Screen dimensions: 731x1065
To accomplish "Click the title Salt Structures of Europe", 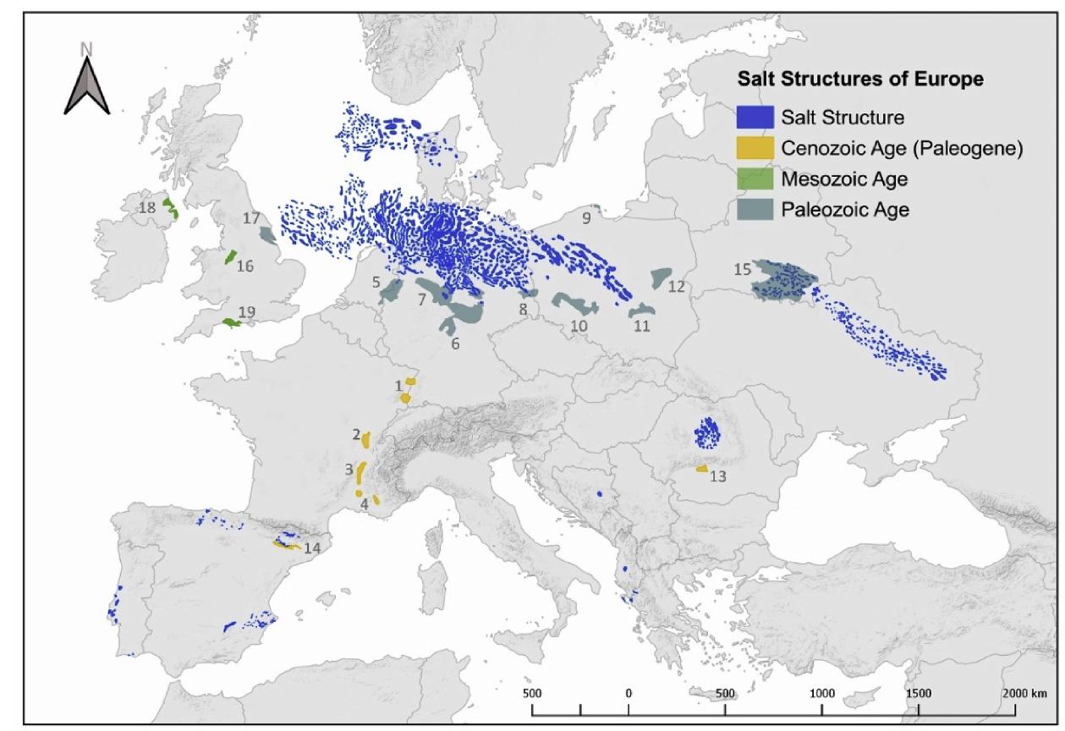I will coord(860,80).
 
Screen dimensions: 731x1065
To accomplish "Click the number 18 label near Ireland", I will coord(147,206).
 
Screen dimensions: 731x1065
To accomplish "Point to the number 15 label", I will coord(742,270).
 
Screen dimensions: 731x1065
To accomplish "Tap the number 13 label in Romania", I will coord(718,476).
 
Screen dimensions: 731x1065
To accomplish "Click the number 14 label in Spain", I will coord(311,548).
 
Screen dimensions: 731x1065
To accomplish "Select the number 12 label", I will coord(676,287).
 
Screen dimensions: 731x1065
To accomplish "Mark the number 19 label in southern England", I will coord(247,313).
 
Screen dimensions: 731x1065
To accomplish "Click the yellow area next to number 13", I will coord(701,468).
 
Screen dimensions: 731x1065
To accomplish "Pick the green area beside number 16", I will coord(229,257).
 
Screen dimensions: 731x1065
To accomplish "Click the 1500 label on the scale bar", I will coord(919,692).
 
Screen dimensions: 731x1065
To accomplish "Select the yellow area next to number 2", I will coord(366,439).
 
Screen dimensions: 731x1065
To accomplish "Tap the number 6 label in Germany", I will coord(455,344).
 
